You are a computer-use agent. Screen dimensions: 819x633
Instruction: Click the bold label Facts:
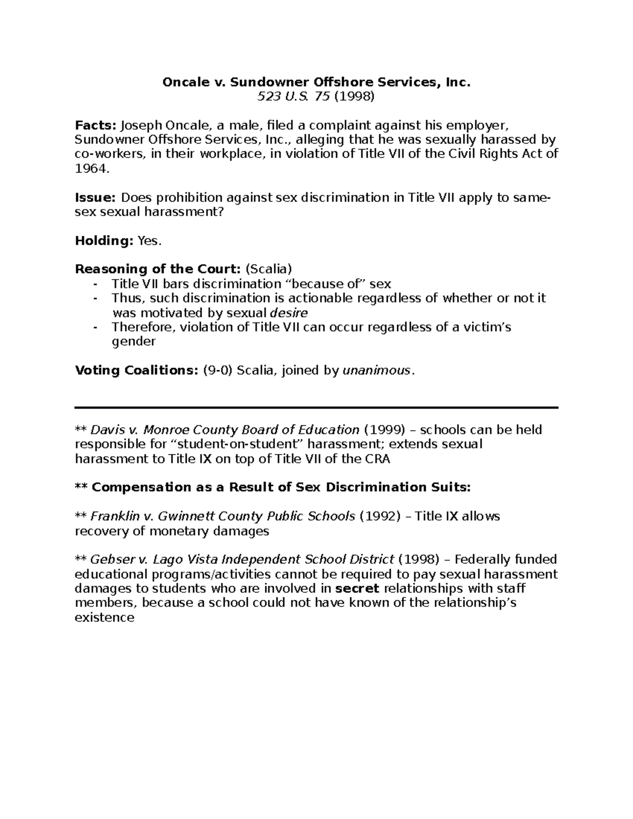pos(96,126)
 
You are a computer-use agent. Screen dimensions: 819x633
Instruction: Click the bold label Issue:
pos(95,198)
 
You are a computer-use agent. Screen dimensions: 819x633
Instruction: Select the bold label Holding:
pos(104,241)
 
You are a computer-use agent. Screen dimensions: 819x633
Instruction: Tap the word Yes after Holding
pos(148,241)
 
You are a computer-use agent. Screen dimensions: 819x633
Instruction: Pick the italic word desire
pos(289,313)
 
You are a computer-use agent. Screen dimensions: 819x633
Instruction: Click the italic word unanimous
pos(376,370)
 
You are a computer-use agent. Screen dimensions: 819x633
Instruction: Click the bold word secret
pos(358,589)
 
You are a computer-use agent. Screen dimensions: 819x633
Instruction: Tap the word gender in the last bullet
pos(134,342)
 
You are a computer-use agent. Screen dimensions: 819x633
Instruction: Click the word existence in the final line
pos(105,618)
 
